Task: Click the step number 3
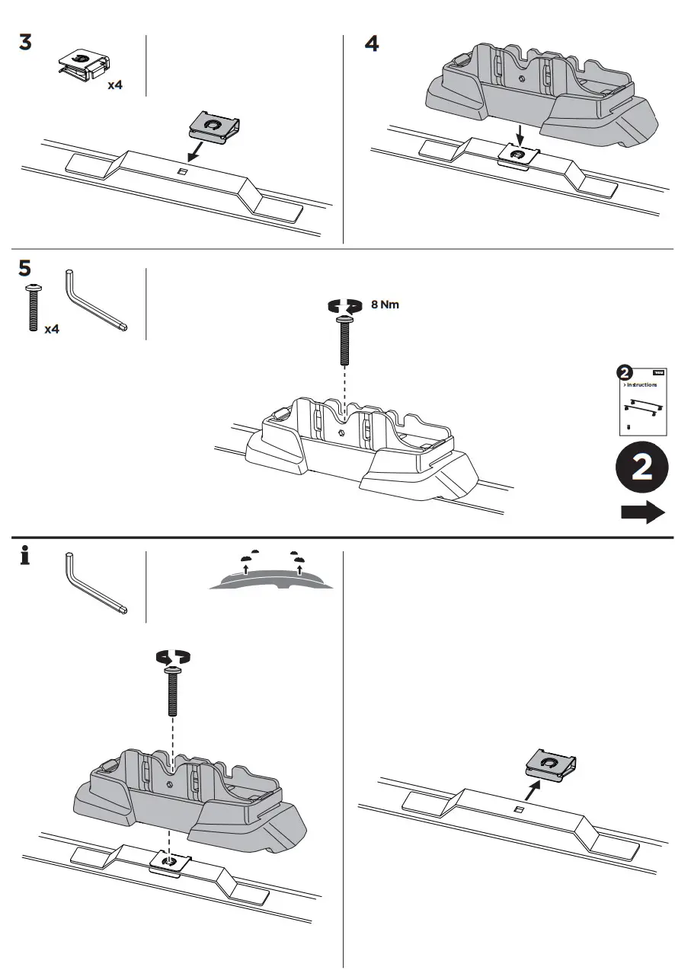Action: [x=26, y=43]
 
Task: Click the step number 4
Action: [x=372, y=43]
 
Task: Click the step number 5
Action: [x=26, y=269]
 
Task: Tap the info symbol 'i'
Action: [x=25, y=558]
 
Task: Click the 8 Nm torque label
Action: [x=385, y=305]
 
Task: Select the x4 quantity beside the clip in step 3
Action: [x=114, y=85]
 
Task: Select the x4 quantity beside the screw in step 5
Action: [x=52, y=329]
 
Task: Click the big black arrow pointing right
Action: [x=642, y=512]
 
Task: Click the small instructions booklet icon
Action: [x=641, y=400]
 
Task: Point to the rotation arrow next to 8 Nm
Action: [x=344, y=305]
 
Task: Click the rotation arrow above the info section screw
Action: [x=174, y=656]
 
